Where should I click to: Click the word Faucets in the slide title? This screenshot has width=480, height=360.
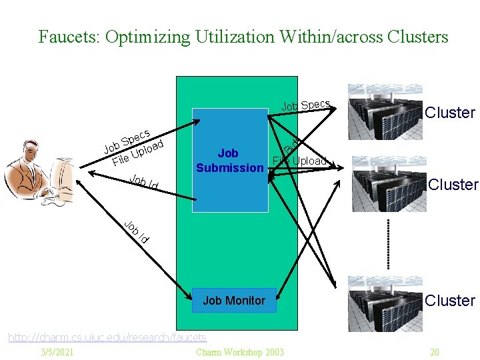click(65, 37)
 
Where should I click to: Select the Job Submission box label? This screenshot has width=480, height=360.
click(229, 161)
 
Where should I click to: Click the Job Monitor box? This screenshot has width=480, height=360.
click(233, 301)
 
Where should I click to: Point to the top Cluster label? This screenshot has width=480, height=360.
click(450, 113)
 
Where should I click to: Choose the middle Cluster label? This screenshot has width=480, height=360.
click(453, 185)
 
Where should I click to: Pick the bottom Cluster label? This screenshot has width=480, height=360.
click(450, 301)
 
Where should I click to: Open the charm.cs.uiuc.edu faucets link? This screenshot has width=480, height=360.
click(107, 338)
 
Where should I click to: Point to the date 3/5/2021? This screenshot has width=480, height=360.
click(57, 352)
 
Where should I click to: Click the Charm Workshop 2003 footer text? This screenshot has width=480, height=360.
click(240, 352)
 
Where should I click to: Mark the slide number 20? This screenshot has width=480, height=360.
click(435, 352)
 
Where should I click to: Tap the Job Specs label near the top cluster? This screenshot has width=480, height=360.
click(305, 105)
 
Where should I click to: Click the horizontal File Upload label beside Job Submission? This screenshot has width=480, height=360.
click(300, 161)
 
